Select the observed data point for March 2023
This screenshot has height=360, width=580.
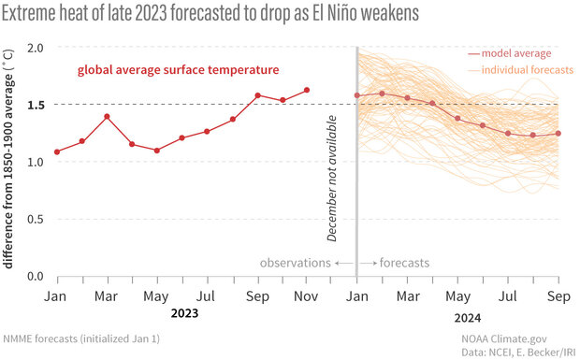[108, 117]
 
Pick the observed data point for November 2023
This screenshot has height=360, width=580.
[308, 91]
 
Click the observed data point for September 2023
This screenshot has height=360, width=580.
[257, 95]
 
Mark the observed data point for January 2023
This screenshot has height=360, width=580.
[58, 151]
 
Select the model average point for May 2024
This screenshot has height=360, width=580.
[457, 119]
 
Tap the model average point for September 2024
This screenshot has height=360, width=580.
[558, 133]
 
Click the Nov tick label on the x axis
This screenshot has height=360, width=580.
[308, 295]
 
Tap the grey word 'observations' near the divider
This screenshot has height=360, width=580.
[293, 263]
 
